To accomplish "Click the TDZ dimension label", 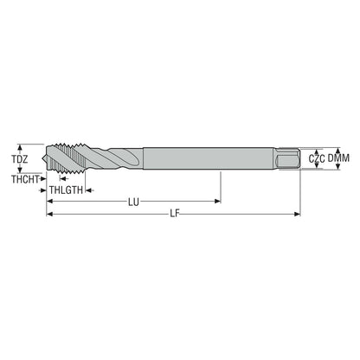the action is [20, 159].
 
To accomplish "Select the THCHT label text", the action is [25, 179].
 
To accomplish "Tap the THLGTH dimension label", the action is [66, 190].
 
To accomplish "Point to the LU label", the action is [133, 202].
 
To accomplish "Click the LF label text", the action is [175, 214].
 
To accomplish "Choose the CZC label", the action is [317, 158].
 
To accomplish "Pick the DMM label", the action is [338, 158].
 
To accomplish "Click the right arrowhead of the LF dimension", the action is [297, 214].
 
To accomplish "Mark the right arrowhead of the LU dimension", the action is [217, 201].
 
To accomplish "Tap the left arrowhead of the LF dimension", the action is [49, 214].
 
